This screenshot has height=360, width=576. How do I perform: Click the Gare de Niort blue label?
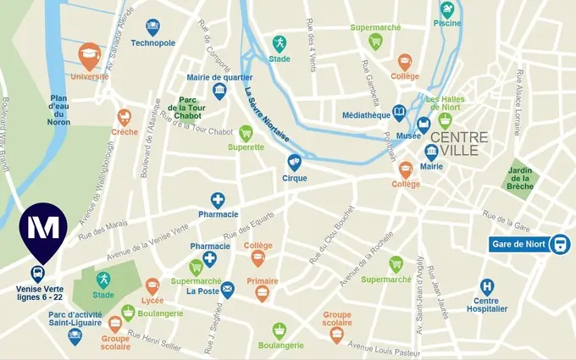(x=518, y=246)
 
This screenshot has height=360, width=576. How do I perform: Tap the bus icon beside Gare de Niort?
(x=559, y=245)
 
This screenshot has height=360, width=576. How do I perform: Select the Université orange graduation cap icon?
(x=89, y=56)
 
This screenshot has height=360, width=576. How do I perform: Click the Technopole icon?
(x=152, y=27)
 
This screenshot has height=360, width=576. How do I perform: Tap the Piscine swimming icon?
(x=446, y=10)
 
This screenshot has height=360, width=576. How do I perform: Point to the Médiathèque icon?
(x=399, y=114)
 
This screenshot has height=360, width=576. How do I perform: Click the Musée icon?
(x=424, y=125)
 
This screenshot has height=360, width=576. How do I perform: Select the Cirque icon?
(x=294, y=162)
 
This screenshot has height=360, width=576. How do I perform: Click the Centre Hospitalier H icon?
(x=486, y=287)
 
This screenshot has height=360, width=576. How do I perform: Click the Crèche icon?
(x=125, y=117)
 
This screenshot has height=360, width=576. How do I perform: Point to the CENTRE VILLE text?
(x=458, y=145)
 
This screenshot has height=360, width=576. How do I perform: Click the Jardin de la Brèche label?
(x=519, y=178)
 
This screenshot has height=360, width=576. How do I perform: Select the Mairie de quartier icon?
(x=219, y=91)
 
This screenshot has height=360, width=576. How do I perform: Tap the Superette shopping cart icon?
(x=246, y=132)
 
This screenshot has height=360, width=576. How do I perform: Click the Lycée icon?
(x=152, y=286)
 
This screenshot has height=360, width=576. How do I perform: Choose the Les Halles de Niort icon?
(x=445, y=120)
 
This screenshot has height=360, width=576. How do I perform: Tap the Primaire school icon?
(x=263, y=294)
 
